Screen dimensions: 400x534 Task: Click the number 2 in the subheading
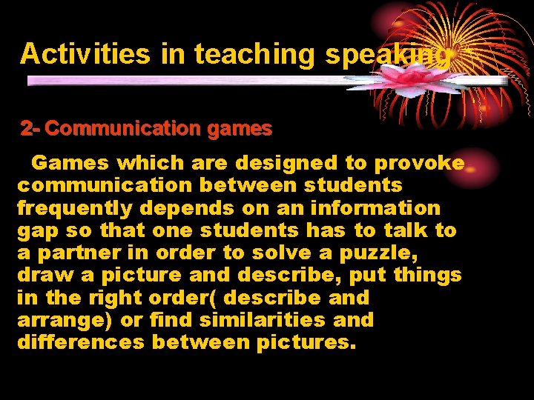[x=26, y=129]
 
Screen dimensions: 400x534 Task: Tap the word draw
[x=41, y=276]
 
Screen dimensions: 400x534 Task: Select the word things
[x=427, y=276]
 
